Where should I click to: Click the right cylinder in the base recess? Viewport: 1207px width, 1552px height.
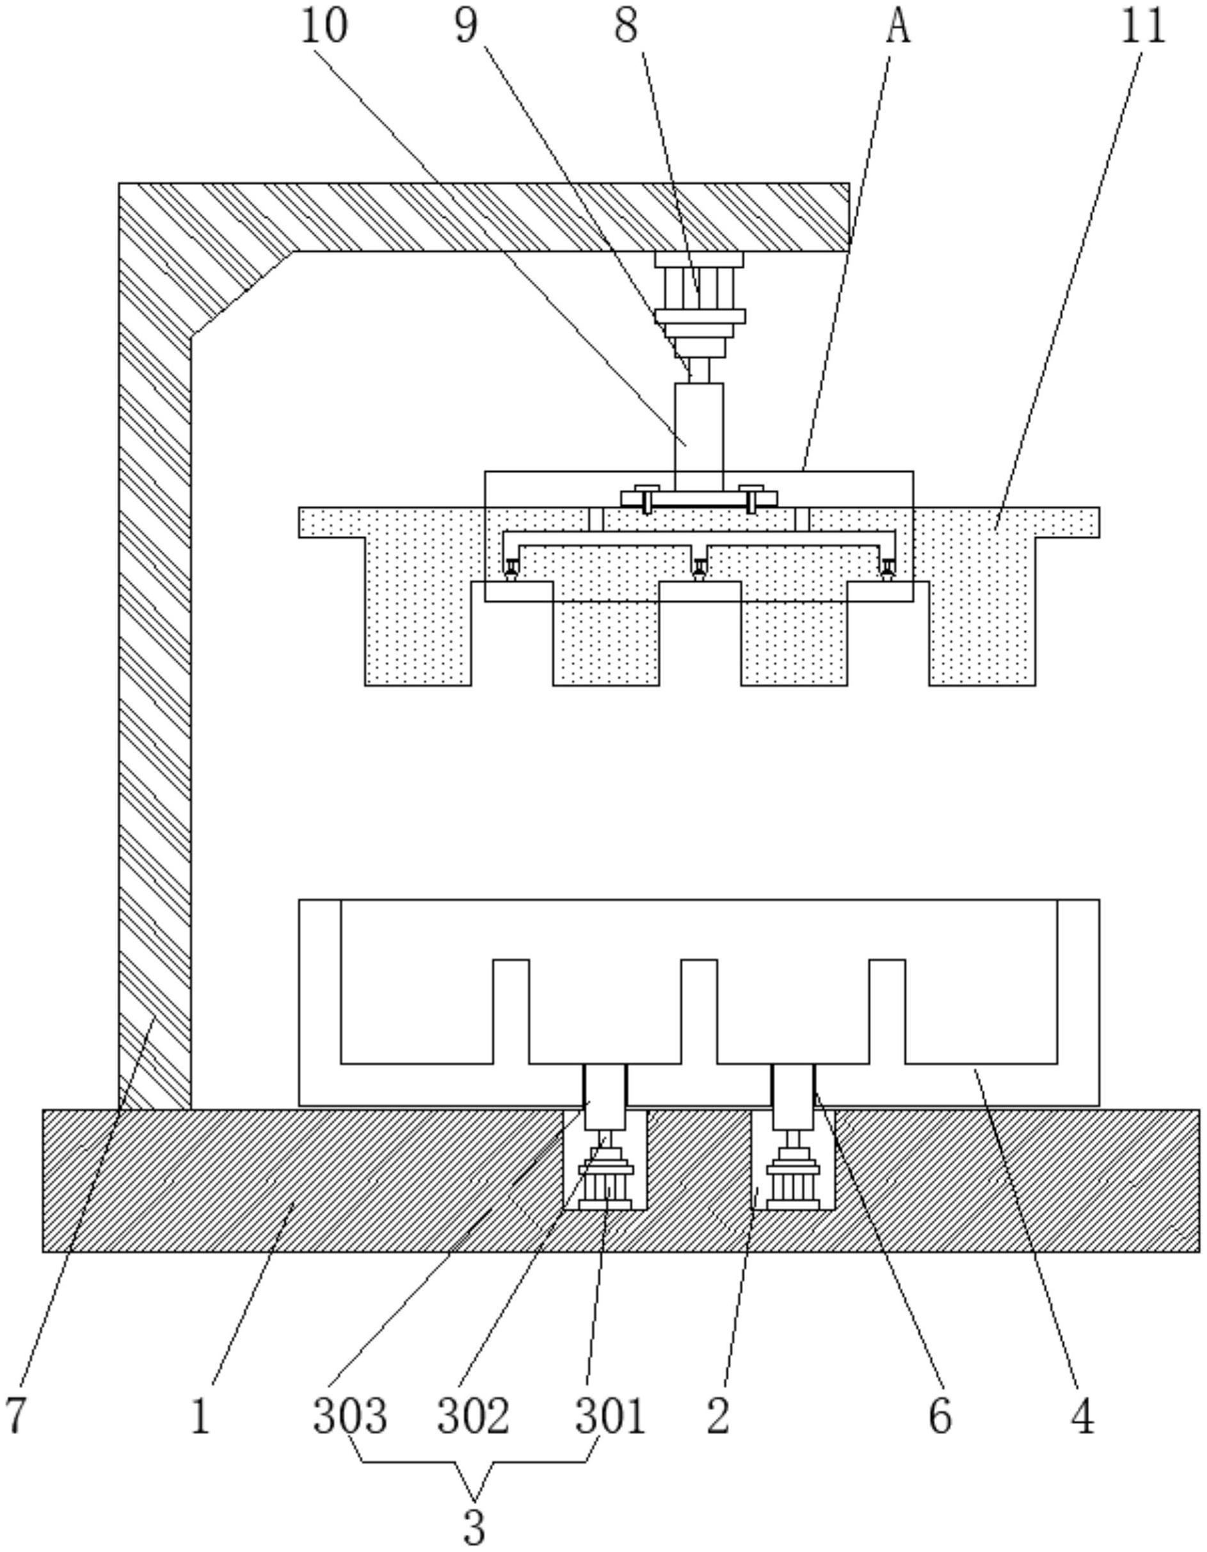pos(793,1183)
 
